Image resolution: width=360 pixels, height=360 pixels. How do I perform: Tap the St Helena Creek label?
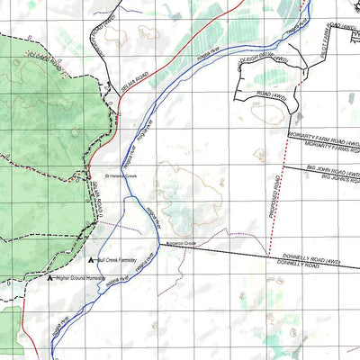click(x=119, y=175)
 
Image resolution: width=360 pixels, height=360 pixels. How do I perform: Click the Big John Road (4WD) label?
click(x=332, y=169)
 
